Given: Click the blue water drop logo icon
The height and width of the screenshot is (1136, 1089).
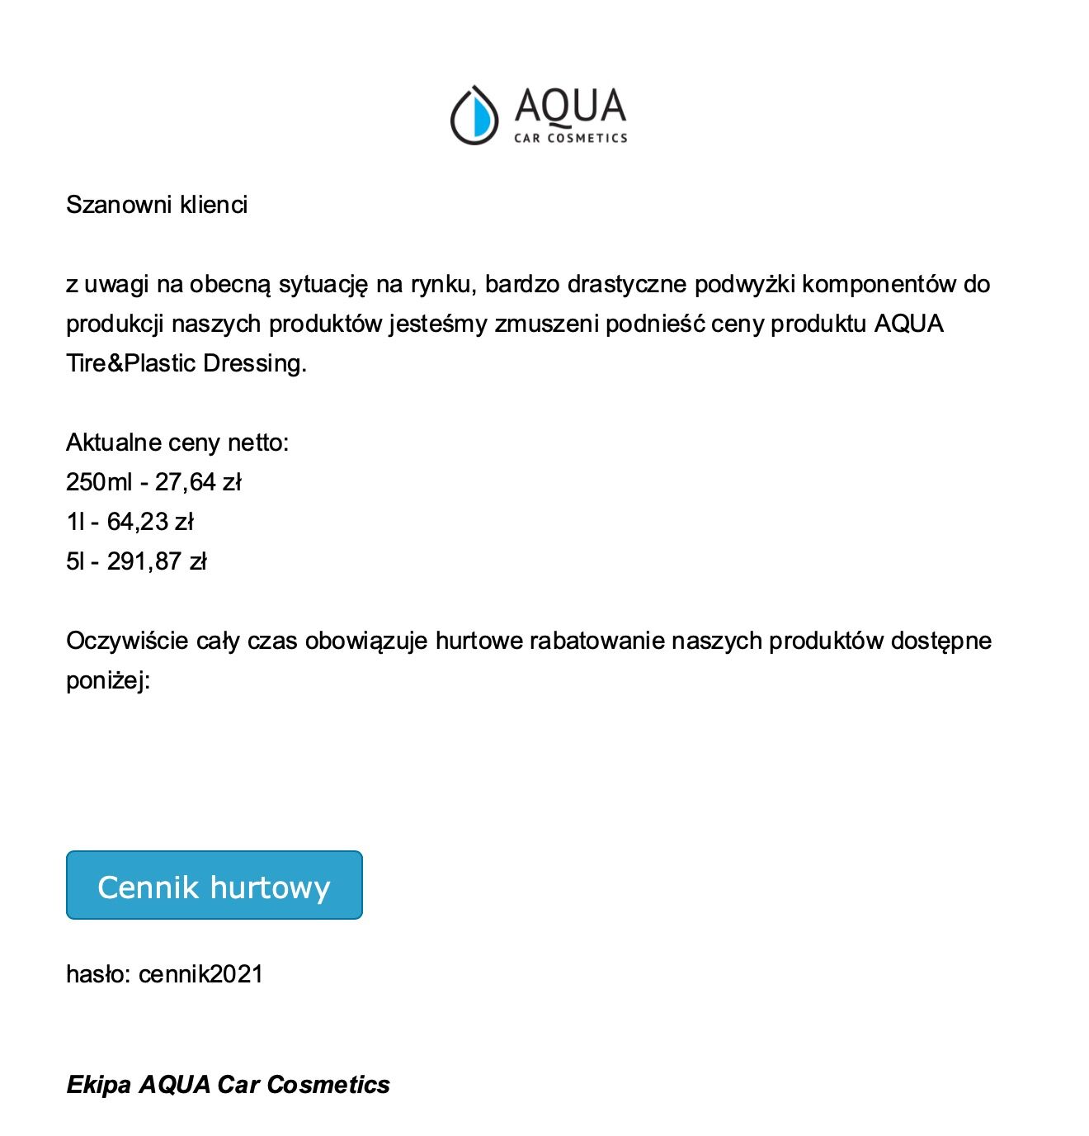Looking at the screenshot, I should point(474,115).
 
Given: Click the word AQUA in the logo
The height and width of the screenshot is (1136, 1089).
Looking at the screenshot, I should point(570,106).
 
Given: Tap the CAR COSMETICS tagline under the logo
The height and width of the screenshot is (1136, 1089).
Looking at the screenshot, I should point(570,139).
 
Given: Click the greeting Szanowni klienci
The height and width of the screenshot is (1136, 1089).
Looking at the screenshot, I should point(157,205).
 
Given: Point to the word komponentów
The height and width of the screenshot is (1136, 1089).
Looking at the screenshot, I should point(879,284).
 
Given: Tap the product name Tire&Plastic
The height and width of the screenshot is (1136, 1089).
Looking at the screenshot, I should point(131,363).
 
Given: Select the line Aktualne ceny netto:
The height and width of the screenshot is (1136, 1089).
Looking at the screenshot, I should point(177,443).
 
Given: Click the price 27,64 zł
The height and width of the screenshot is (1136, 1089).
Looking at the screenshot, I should point(198,482).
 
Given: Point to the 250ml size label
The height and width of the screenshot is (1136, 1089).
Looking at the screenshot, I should point(99,482).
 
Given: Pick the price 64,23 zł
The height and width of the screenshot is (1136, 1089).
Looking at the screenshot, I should point(150,522).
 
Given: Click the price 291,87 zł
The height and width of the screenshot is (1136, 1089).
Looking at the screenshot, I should point(157,561).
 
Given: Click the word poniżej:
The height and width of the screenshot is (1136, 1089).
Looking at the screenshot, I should point(108,680).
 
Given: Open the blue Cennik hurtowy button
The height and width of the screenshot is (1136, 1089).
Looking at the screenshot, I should point(214,885).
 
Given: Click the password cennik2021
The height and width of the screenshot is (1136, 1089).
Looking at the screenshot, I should point(200,974).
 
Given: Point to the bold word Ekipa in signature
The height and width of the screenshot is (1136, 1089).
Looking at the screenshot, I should point(98,1084).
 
